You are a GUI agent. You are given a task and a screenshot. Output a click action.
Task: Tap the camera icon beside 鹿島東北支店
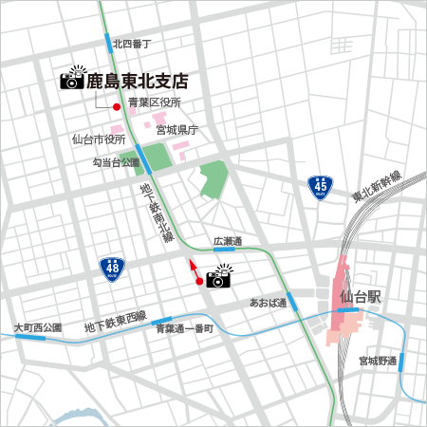click(72, 79)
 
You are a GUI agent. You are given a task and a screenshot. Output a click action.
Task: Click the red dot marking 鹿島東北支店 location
click(117, 106)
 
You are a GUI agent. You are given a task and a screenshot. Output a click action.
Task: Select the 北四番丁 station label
click(133, 44)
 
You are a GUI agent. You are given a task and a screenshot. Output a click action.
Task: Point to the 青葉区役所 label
click(155, 102)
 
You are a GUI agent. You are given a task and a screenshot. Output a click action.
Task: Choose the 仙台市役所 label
click(99, 139)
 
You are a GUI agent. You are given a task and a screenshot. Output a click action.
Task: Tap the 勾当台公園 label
click(115, 163)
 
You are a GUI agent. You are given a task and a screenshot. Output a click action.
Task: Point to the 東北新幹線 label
click(377, 187)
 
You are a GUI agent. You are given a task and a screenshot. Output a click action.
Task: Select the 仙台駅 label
click(360, 297)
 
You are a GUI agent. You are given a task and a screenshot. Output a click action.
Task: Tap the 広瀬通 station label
click(228, 240)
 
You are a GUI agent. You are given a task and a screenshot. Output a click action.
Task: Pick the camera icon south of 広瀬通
click(219, 277)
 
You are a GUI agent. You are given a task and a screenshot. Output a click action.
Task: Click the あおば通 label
click(268, 303)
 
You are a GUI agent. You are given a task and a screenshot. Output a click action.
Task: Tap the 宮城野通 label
click(377, 361)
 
